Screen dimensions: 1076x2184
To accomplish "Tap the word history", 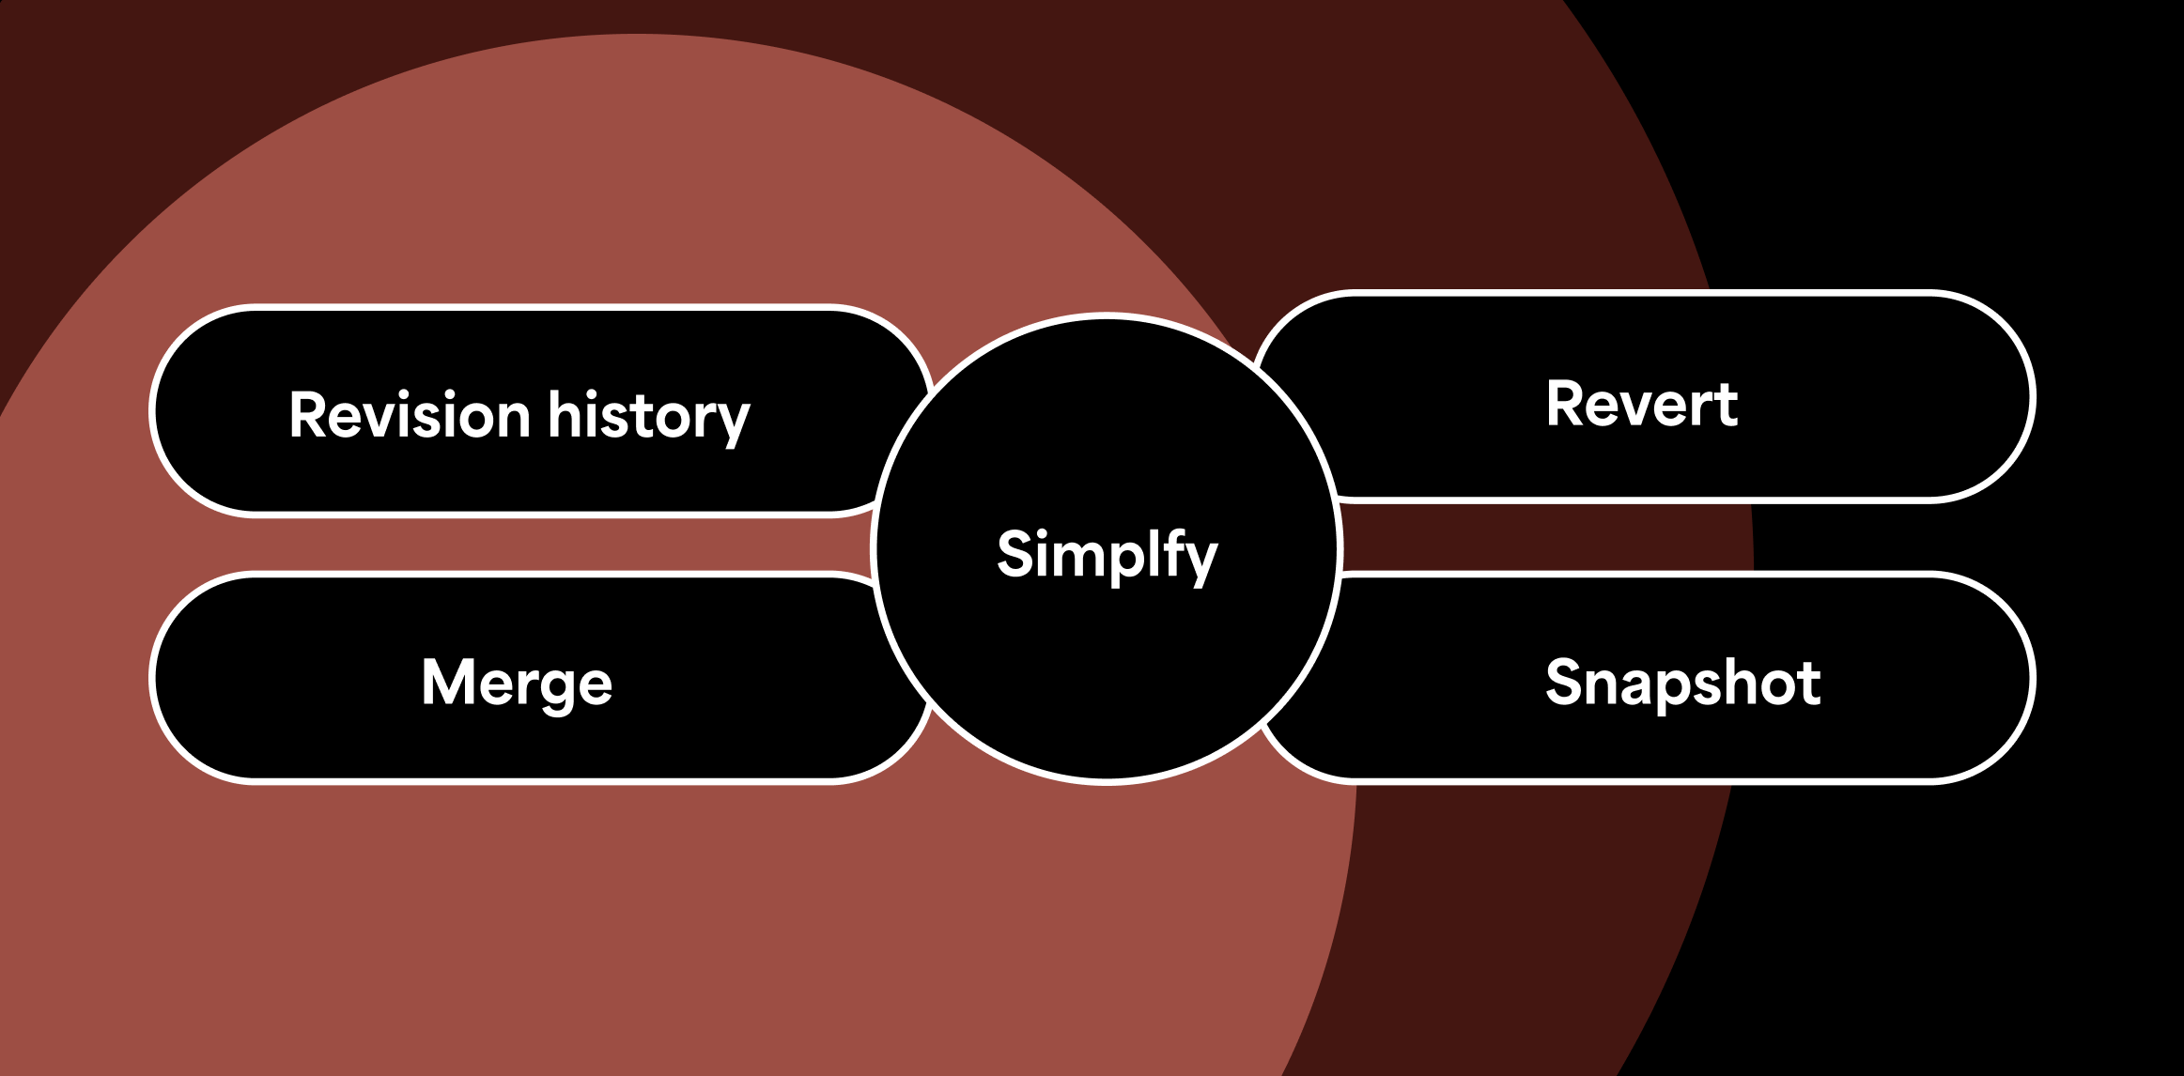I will coord(649,417).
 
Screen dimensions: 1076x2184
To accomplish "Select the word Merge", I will coord(517,684).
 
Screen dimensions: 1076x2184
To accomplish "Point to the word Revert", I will coord(1642,405).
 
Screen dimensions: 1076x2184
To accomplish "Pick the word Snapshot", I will coord(1682,683).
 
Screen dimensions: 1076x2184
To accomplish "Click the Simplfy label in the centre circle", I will coord(1107,554).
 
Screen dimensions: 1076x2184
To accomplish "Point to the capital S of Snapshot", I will coord(1566,682).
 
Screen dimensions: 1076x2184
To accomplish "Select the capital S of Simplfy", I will coord(1016,553).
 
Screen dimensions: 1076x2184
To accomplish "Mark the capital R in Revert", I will coord(1566,405).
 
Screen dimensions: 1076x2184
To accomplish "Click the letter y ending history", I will coord(733,423).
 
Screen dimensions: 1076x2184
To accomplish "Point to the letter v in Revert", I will coord(1639,408).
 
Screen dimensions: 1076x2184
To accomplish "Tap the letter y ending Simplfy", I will coord(1201,561).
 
